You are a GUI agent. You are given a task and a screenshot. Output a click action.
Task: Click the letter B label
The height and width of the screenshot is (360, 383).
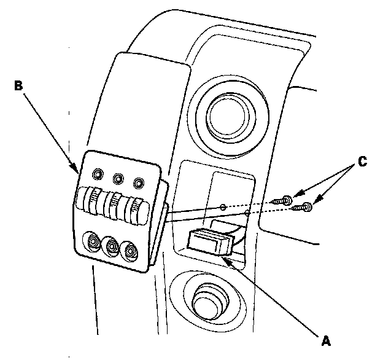coord(19,85)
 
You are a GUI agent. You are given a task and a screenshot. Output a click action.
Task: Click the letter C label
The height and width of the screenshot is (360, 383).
coord(363,162)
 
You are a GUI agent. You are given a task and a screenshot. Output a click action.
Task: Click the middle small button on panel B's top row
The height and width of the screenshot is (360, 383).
coord(117,179)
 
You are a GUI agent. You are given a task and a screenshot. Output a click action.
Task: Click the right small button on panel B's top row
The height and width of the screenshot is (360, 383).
coord(139,182)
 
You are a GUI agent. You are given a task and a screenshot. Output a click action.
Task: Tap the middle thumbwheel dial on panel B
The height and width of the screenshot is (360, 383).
coord(113,207)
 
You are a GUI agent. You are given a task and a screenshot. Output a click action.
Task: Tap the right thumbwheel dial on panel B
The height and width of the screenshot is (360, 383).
coord(134,210)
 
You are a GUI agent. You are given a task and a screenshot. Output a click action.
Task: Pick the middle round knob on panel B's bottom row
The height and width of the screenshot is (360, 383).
coord(112,246)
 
